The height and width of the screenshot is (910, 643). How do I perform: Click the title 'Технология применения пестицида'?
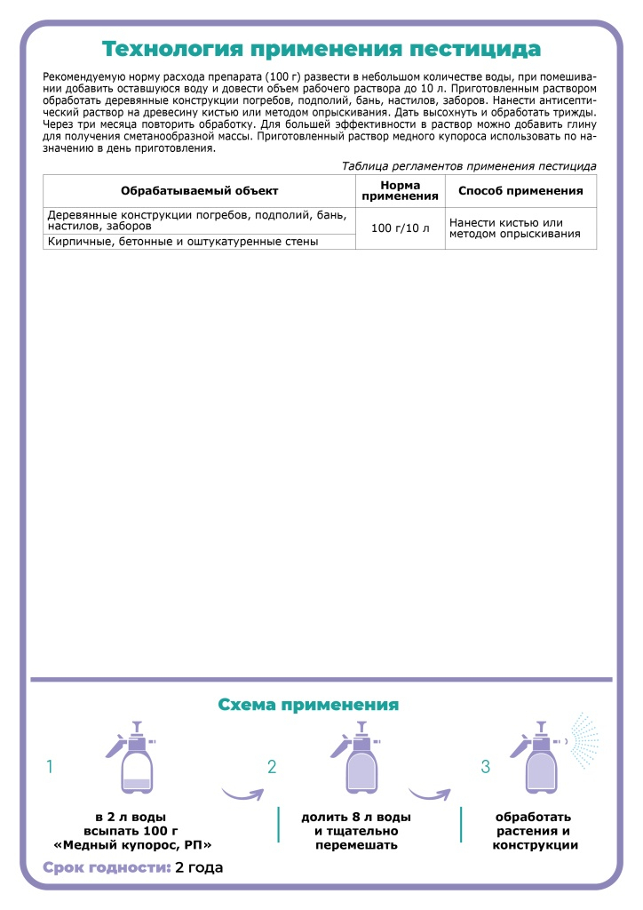pos(321,48)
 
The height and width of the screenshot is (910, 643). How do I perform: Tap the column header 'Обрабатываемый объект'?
pos(199,191)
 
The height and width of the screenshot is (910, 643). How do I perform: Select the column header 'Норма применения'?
pos(400,190)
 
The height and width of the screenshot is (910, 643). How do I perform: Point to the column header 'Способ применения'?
pos(520,191)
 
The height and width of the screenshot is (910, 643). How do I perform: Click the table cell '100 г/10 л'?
pos(400,228)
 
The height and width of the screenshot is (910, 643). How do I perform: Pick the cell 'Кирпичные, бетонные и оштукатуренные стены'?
pos(182,242)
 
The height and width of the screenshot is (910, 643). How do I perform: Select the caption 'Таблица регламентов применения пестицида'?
pos(469,165)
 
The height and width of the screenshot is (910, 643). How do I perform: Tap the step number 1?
pos(51,766)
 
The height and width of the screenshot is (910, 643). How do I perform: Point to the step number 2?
pos(273,766)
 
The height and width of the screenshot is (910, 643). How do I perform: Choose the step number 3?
pos(485,766)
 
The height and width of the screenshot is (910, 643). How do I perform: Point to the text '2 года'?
pos(199,867)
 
